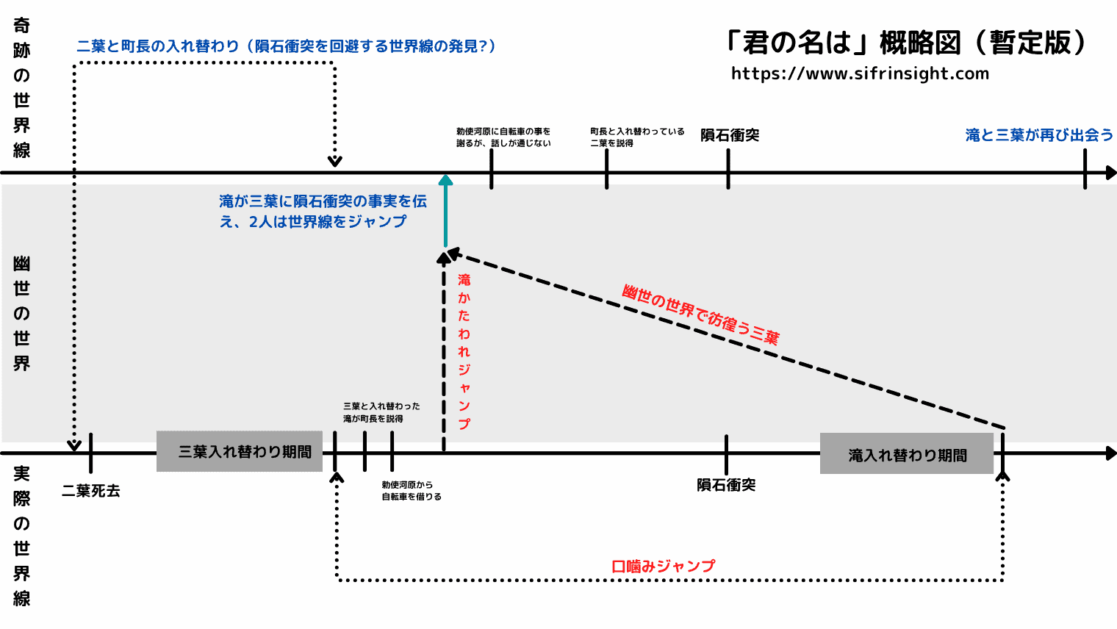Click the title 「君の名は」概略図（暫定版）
tap(906, 43)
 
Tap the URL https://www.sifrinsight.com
tap(860, 73)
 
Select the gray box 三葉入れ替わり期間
tap(240, 451)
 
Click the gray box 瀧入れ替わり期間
tap(907, 455)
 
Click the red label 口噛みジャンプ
tap(663, 566)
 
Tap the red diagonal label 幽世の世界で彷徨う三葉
tap(700, 314)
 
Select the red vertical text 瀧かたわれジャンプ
tap(464, 351)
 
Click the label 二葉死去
tap(90, 491)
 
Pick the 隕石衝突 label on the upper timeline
tap(729, 135)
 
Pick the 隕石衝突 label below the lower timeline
tap(726, 485)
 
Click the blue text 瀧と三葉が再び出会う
tap(1039, 135)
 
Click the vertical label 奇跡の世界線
tap(22, 88)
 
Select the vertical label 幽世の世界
tap(22, 314)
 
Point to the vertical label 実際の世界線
tap(22, 536)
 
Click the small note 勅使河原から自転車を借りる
tap(411, 491)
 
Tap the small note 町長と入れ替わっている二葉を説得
tap(636, 137)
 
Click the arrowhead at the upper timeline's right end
tap(1110, 173)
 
